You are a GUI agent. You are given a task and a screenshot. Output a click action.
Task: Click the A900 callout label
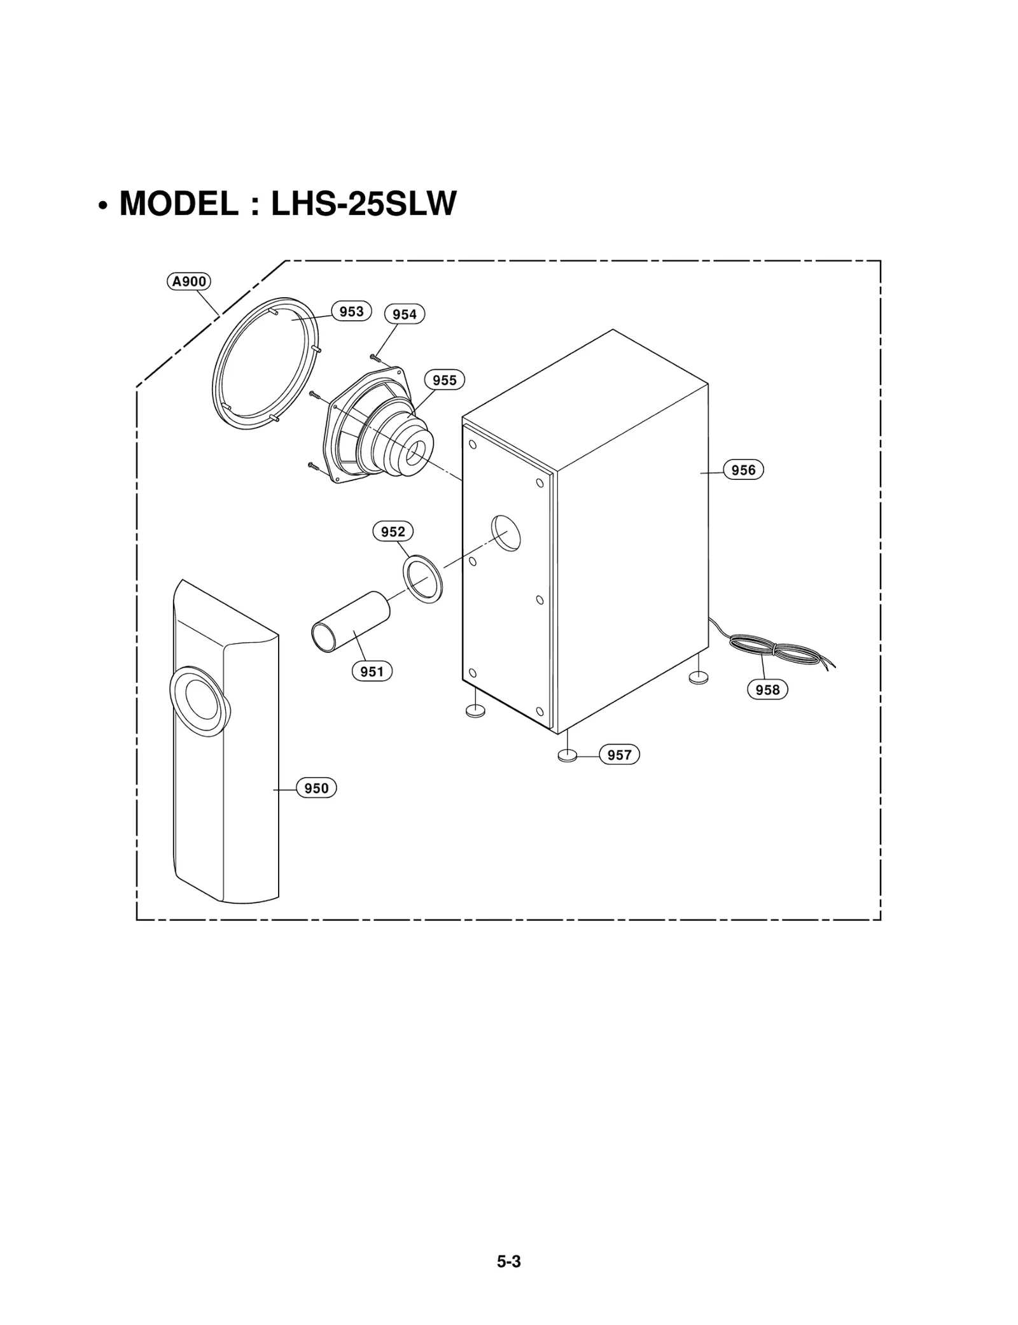pos(189,281)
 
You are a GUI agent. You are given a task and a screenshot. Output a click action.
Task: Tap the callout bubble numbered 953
pos(351,311)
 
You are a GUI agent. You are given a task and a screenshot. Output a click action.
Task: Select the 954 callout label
pos(405,314)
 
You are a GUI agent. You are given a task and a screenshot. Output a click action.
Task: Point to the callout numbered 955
pos(445,380)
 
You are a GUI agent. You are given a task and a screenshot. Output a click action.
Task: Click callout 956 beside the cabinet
pos(743,470)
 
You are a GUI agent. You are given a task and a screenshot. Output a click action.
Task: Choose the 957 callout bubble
pos(619,755)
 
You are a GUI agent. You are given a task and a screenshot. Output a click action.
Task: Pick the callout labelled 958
pos(768,690)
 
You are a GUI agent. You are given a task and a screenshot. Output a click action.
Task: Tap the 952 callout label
pos(393,531)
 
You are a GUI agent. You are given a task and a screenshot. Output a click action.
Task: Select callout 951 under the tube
pos(372,671)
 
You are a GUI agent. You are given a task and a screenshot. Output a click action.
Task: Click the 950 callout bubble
pos(316,789)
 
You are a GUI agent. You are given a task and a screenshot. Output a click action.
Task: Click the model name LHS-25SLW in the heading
pos(364,204)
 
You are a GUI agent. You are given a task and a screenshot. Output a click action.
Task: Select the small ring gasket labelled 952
pos(423,578)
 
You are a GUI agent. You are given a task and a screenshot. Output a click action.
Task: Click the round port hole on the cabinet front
pos(506,533)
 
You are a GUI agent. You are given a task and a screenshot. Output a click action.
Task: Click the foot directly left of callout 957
pos(567,756)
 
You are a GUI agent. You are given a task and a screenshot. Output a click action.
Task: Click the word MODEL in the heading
pos(179,204)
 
